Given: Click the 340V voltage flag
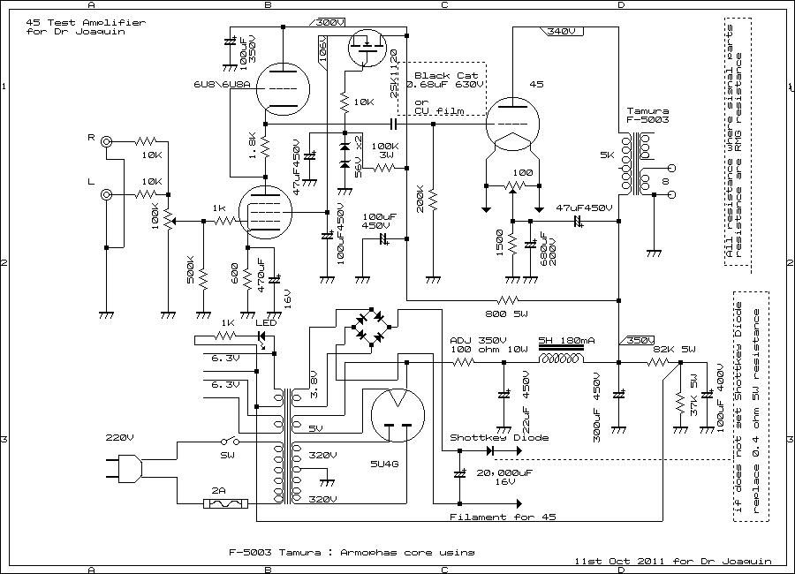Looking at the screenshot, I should pyautogui.click(x=561, y=31).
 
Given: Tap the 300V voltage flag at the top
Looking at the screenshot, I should pyautogui.click(x=329, y=22).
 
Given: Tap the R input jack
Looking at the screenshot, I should pyautogui.click(x=107, y=141).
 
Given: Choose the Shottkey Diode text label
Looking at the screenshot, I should pyautogui.click(x=499, y=437).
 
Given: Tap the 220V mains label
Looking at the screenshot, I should pyautogui.click(x=119, y=437).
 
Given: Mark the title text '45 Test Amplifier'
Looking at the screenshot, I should pyautogui.click(x=62, y=21).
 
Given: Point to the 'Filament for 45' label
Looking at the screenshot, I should pyautogui.click(x=491, y=517).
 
